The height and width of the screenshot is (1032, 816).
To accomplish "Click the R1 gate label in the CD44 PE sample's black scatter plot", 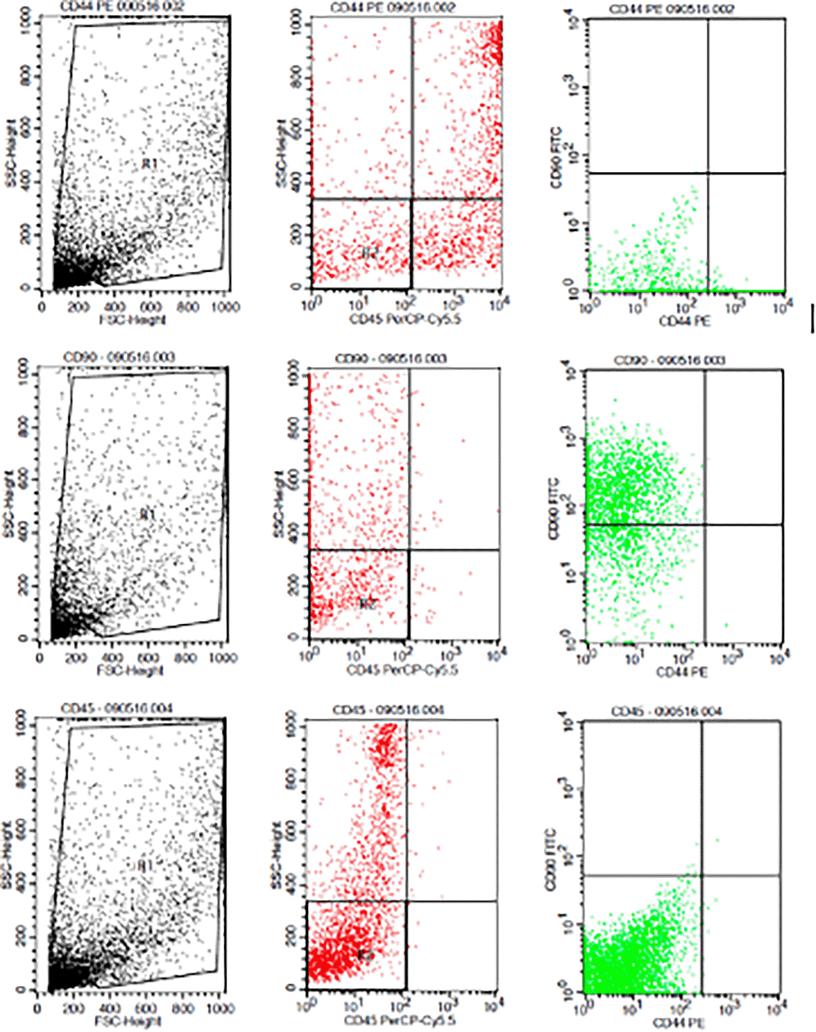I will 150,163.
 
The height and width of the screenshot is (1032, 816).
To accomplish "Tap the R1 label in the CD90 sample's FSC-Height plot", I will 147,514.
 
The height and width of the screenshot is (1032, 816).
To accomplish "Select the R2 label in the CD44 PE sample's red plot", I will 369,253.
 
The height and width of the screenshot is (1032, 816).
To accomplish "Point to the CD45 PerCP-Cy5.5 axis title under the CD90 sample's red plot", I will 403,669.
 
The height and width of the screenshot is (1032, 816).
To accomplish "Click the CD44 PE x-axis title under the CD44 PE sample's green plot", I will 685,321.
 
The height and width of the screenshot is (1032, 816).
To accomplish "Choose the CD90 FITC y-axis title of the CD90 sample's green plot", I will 554,509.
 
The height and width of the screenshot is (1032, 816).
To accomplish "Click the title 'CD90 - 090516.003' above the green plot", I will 669,360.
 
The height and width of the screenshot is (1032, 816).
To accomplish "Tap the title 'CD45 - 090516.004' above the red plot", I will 388,710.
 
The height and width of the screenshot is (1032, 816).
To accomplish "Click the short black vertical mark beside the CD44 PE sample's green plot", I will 812,318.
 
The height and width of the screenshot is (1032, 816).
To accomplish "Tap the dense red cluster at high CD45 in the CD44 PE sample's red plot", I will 494,41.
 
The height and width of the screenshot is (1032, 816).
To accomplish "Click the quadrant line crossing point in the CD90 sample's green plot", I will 705,525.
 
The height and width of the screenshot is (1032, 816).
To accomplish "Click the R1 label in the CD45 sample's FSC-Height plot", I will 144,865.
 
